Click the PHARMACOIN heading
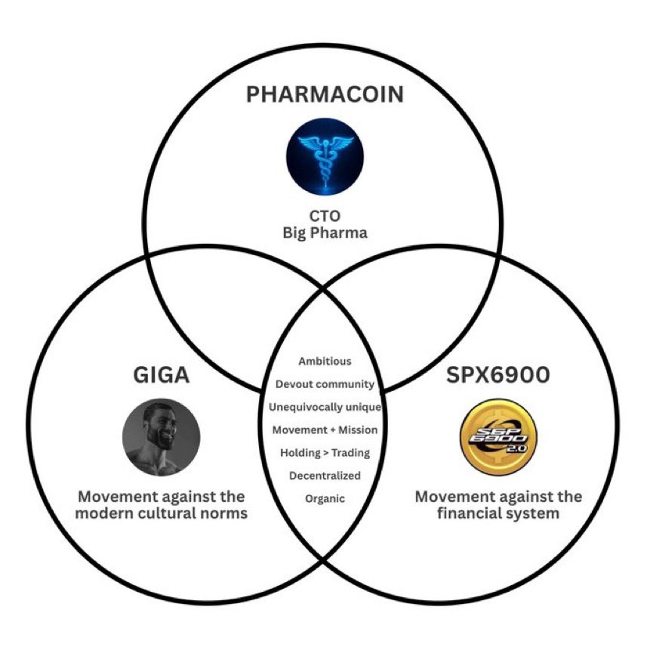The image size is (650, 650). tap(325, 96)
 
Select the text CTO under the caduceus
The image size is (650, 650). tap(325, 216)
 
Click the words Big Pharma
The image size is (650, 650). tap(325, 233)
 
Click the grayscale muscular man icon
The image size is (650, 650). tap(162, 436)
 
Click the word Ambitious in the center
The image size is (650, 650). tap(325, 340)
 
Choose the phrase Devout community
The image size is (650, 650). tap(325, 384)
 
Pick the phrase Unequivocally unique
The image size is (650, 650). tap(325, 408)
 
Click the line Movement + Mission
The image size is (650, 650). tap(325, 430)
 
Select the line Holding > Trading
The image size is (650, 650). tap(325, 453)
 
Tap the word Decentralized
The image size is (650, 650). tap(325, 476)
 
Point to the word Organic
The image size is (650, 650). tap(325, 498)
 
